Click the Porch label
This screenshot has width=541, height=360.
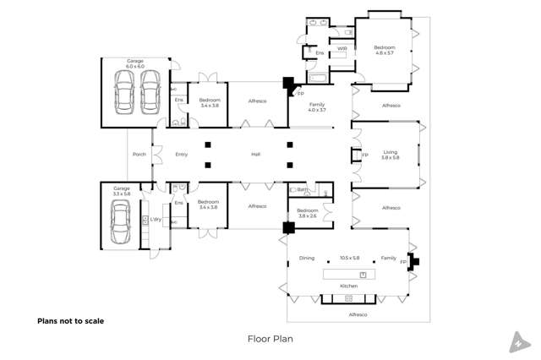139,155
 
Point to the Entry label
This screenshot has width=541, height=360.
182,155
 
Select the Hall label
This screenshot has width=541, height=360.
255,155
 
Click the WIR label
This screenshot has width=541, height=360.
342,49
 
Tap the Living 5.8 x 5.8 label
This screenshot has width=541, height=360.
390,155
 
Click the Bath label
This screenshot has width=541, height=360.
302,190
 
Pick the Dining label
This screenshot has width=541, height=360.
306,258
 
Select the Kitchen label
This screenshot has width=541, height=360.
349,286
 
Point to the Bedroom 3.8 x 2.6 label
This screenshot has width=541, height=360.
308,213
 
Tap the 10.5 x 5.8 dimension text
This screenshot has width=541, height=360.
350,258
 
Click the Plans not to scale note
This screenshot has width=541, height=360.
70,321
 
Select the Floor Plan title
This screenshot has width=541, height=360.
270,339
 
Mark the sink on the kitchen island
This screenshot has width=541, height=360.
363,275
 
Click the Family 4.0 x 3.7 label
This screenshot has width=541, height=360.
317,106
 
